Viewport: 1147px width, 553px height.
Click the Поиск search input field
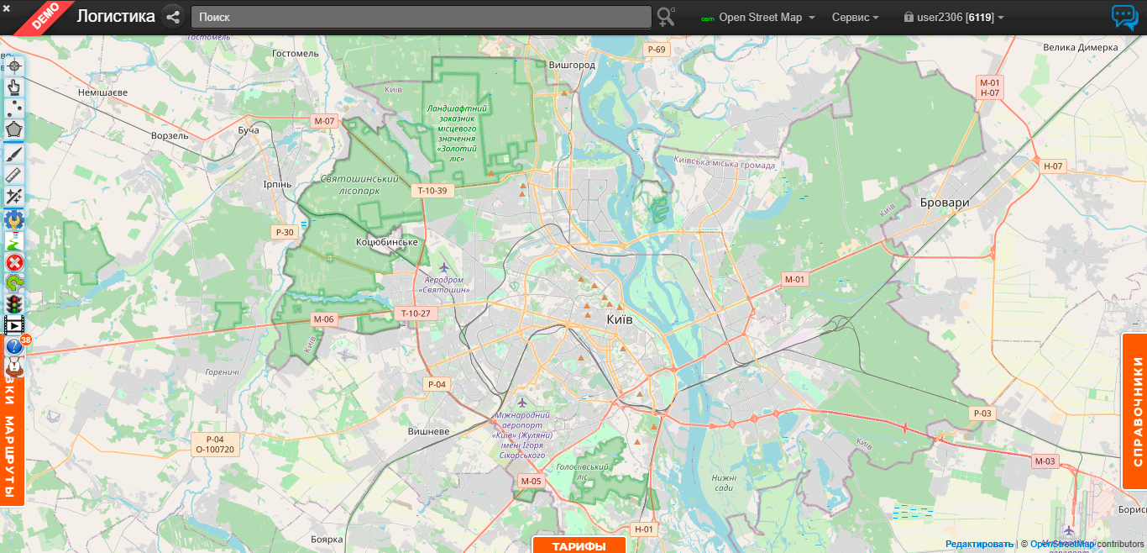[x=421, y=17]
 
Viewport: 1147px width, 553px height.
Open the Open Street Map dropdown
[x=760, y=18]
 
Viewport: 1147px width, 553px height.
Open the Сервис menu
[x=855, y=18]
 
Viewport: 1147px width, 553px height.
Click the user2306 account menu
[x=954, y=18]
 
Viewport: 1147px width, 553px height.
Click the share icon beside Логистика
[x=174, y=17]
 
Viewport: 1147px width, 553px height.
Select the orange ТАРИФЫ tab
[x=579, y=545]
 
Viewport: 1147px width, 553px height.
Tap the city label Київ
[x=619, y=320]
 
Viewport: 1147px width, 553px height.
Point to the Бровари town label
[x=945, y=203]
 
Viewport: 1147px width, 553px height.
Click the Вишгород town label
[x=571, y=65]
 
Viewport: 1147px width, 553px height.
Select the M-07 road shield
[x=324, y=121]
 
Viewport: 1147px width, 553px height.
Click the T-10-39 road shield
[x=433, y=191]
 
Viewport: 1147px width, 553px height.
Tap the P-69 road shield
[x=657, y=50]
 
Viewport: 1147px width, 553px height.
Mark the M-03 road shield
[x=1045, y=461]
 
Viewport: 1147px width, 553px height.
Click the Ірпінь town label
[x=277, y=184]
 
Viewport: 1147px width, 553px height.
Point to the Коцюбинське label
[x=387, y=242]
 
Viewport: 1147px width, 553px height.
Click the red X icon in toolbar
[x=14, y=262]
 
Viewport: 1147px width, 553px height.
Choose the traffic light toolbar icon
[x=14, y=304]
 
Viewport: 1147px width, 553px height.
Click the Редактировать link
[x=979, y=544]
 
